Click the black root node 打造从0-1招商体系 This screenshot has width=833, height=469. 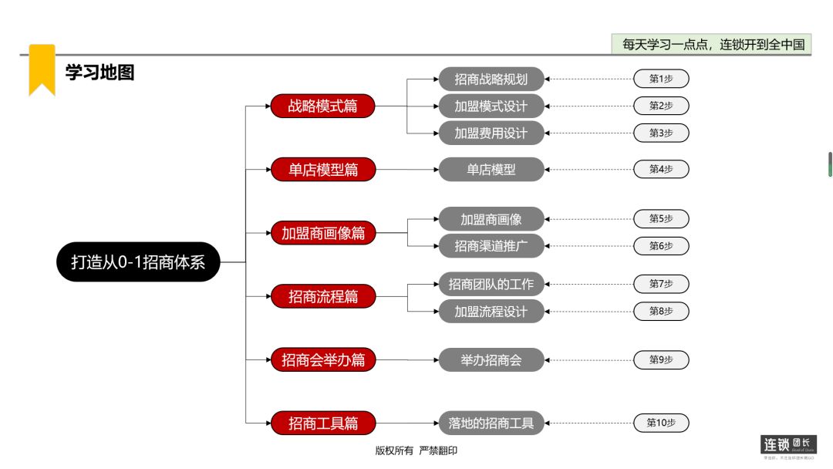point(138,262)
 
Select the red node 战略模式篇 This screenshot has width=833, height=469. point(322,106)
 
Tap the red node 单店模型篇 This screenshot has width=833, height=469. point(322,170)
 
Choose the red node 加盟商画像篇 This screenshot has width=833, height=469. point(322,233)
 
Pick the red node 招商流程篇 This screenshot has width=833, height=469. point(322,296)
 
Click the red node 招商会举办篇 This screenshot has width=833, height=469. point(322,359)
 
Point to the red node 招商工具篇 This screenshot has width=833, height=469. point(322,423)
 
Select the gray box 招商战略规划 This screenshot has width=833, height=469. point(491,79)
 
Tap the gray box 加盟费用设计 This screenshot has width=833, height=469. point(491,133)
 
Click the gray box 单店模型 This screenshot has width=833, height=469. point(491,170)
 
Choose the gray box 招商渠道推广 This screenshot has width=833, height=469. point(491,246)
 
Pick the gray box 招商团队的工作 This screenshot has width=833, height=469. point(491,284)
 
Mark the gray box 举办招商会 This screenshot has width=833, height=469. point(491,359)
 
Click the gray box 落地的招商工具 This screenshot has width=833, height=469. point(491,423)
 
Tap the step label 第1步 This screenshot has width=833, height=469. point(661,79)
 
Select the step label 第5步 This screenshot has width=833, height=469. point(661,219)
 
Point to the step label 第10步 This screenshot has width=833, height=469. point(661,423)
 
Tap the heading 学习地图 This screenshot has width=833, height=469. point(99,73)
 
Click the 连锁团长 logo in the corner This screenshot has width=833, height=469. point(787,445)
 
